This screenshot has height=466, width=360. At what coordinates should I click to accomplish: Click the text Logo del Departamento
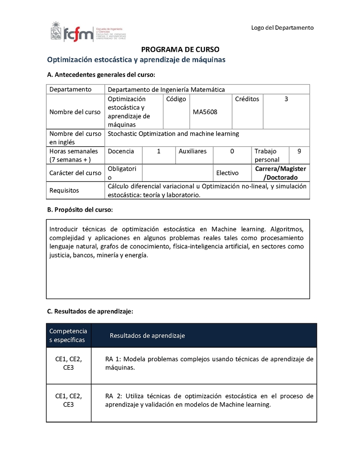[282, 28]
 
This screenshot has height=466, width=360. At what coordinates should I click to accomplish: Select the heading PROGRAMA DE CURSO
[180, 50]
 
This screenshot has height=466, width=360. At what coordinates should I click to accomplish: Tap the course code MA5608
[205, 112]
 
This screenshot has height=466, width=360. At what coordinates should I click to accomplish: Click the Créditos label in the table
[247, 99]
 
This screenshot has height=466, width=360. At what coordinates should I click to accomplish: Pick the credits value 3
[286, 99]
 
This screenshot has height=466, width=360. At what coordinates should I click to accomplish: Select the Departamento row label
[71, 90]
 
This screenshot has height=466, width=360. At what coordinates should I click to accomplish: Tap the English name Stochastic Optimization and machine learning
[173, 134]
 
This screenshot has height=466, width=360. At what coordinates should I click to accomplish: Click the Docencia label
[121, 151]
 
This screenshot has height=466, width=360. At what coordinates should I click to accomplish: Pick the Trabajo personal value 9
[299, 151]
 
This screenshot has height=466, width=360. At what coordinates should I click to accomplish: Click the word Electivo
[227, 173]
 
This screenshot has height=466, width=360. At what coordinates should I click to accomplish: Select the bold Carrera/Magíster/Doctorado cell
[280, 173]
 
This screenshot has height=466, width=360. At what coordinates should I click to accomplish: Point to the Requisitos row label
[64, 190]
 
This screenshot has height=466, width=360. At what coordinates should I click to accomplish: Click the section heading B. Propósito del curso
[80, 210]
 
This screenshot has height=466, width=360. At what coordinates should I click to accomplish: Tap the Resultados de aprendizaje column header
[147, 335]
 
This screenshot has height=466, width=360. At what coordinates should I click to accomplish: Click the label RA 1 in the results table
[113, 359]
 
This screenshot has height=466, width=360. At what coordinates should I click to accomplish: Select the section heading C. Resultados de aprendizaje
[90, 311]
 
